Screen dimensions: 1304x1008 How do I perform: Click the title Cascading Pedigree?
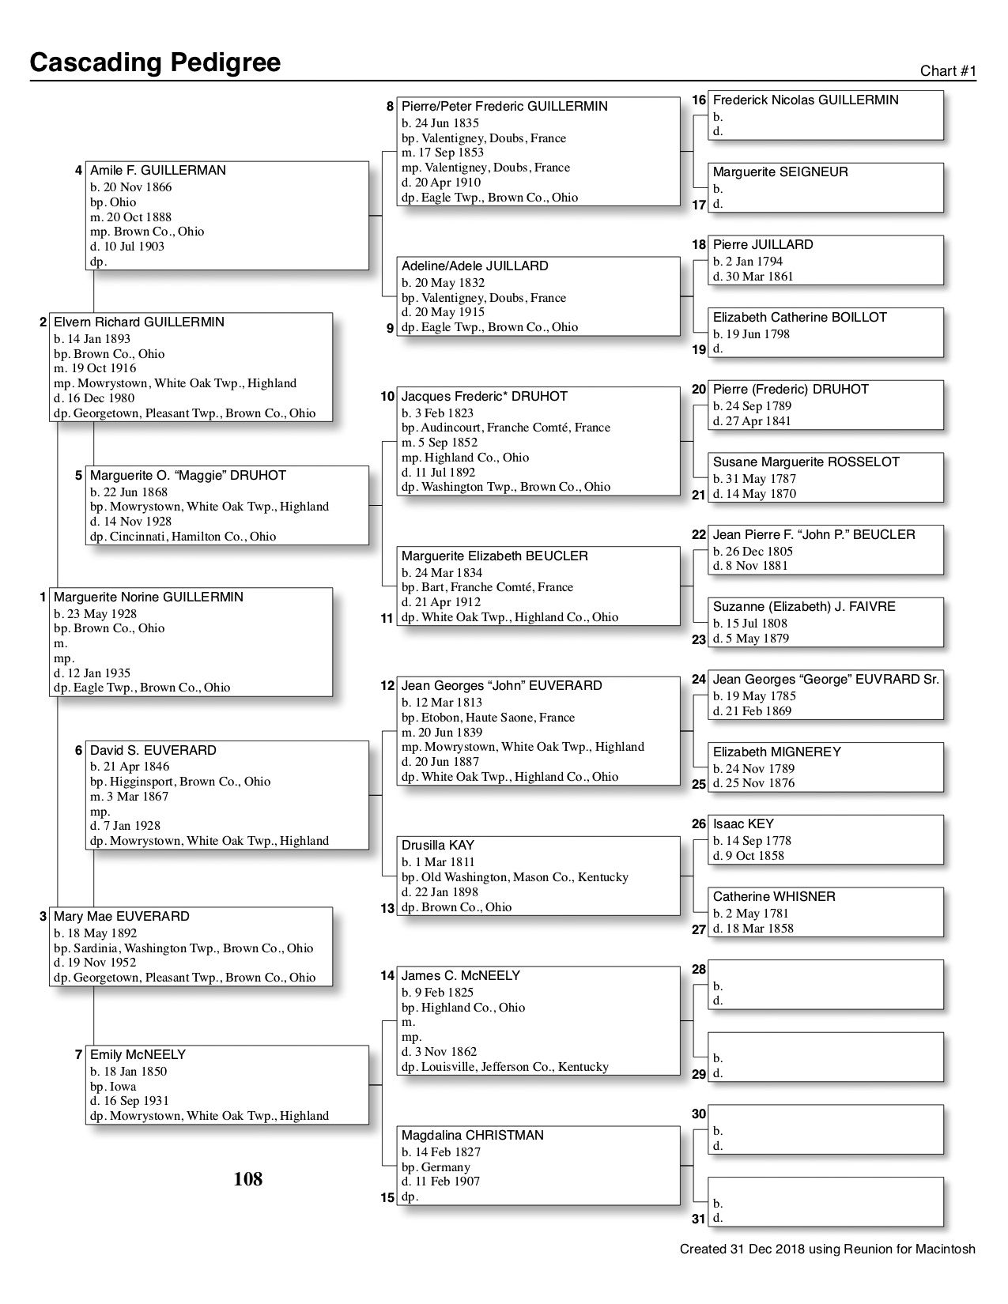[155, 62]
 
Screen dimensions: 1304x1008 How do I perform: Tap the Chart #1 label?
[948, 71]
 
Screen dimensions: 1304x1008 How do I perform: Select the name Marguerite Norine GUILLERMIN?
[149, 597]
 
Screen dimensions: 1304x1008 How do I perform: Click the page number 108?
[247, 1179]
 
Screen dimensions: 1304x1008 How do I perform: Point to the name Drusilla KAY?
[438, 846]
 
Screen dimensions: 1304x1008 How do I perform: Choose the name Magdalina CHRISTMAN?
[473, 1136]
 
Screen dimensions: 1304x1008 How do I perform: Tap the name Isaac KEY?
[743, 824]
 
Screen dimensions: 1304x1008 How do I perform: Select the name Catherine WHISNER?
[774, 897]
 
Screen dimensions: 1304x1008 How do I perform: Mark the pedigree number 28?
[699, 970]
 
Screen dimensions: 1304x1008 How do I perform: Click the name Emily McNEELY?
[138, 1055]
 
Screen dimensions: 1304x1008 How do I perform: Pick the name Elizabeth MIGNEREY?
[777, 752]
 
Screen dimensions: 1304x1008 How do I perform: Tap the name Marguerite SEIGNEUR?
[780, 172]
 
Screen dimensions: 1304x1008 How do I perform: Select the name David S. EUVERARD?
[153, 751]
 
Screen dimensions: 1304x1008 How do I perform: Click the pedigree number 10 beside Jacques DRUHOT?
[387, 397]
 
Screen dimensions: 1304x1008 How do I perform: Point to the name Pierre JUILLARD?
[763, 245]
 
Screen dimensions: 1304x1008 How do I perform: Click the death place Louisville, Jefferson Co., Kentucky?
[505, 1067]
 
